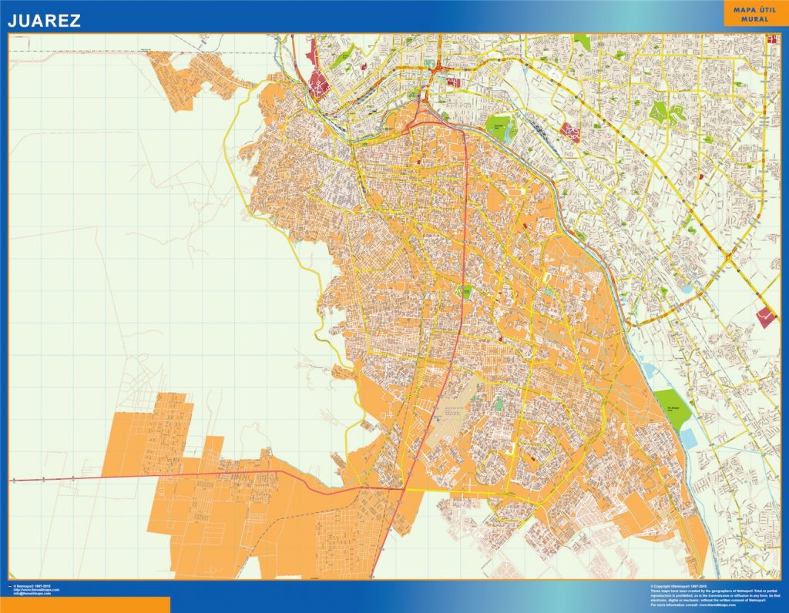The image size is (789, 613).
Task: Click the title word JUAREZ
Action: click(x=44, y=21)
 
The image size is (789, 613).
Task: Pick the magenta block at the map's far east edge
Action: click(x=767, y=316)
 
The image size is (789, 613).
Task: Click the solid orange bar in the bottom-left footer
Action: click(x=85, y=605)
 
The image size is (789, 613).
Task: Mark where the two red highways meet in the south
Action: click(x=403, y=487)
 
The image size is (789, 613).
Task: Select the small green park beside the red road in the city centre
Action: click(x=465, y=292)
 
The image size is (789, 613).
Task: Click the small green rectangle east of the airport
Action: click(x=499, y=402)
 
